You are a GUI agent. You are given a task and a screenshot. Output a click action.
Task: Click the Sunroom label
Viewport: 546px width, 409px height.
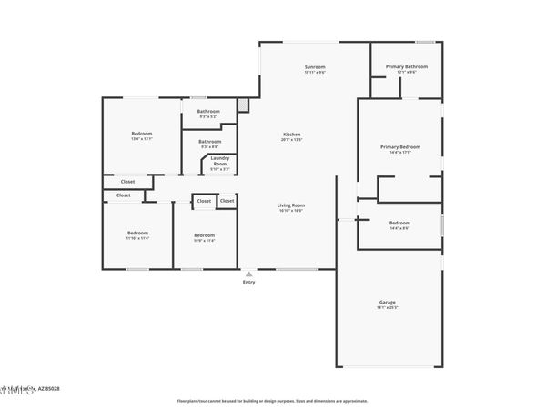coord(315,67)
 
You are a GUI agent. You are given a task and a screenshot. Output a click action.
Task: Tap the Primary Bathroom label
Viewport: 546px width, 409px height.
coord(407,67)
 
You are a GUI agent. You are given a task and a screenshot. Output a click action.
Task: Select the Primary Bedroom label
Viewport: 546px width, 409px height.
coord(400,146)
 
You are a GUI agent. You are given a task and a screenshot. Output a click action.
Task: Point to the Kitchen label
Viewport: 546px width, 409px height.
coord(291,135)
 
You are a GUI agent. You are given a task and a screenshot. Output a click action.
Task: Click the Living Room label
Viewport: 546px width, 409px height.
coord(291,205)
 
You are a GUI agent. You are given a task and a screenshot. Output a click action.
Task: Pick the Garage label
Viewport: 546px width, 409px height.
coord(388,302)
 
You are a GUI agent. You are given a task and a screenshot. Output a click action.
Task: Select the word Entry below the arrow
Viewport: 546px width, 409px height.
coord(248,283)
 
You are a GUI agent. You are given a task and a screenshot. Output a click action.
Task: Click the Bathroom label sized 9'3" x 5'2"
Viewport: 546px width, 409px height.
coord(209,112)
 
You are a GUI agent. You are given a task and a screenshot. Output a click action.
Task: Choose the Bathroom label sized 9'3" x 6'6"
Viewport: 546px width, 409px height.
coord(210,141)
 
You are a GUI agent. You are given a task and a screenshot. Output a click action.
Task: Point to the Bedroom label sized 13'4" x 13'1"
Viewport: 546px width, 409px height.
coord(142,135)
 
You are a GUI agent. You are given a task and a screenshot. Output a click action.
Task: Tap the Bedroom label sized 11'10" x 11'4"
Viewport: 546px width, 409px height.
coord(137,233)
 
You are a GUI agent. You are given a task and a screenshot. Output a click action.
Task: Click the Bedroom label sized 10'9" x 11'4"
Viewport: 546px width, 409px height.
coord(204,235)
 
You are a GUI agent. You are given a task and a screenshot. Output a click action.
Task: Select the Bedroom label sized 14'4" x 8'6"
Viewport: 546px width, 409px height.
coord(399,223)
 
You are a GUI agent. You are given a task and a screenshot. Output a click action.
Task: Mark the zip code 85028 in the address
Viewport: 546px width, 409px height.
coord(52,390)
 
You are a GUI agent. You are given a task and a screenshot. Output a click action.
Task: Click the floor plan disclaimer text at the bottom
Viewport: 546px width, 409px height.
coord(272,400)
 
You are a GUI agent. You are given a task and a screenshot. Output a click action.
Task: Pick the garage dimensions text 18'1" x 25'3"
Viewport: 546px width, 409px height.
coord(388,307)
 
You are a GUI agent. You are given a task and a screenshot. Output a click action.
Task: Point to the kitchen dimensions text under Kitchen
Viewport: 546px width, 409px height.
coord(291,140)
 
